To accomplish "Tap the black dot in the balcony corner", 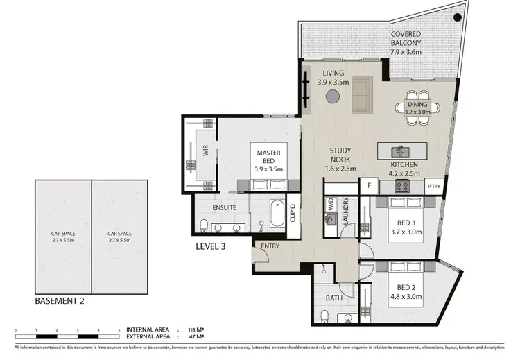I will (x=457, y=18).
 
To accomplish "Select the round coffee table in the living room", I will (x=333, y=96).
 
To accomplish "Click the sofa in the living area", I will (x=361, y=95).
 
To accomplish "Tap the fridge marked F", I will (x=369, y=186).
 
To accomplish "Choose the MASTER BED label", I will (x=268, y=156).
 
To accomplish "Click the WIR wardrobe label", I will (x=205, y=150).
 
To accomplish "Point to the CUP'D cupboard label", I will (x=293, y=212).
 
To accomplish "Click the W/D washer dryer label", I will (x=331, y=205).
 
